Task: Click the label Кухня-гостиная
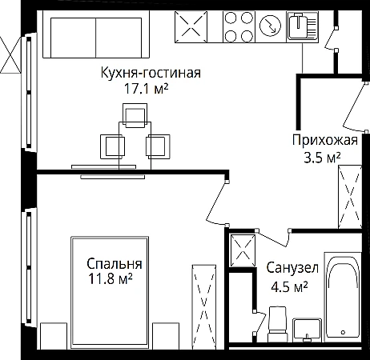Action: click(x=151, y=73)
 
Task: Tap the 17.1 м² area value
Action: click(x=147, y=89)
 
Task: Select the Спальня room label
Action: click(x=115, y=264)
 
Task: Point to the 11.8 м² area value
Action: click(x=111, y=279)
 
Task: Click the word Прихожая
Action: click(x=325, y=140)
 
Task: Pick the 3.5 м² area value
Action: click(x=322, y=158)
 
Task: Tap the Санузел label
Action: click(x=292, y=268)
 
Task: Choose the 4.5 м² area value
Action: click(x=289, y=286)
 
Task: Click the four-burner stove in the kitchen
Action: click(x=239, y=27)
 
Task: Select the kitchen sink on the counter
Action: click(x=303, y=26)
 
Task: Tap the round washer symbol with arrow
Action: click(x=270, y=26)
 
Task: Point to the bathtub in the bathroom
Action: click(x=343, y=297)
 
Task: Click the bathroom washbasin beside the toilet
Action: click(x=308, y=330)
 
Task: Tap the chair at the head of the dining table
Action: click(x=135, y=115)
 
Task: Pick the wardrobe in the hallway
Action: click(x=350, y=197)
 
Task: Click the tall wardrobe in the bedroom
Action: click(x=204, y=306)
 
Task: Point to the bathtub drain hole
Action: click(x=344, y=333)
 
